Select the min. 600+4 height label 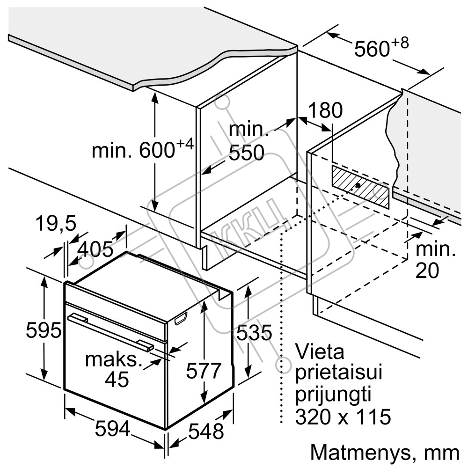[x=142, y=149]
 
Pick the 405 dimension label [x=95, y=249]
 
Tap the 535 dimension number [x=254, y=333]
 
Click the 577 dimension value [x=203, y=371]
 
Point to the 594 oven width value [x=112, y=428]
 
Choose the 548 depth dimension [x=206, y=431]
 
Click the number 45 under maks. [x=117, y=380]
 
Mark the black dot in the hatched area [x=358, y=185]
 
